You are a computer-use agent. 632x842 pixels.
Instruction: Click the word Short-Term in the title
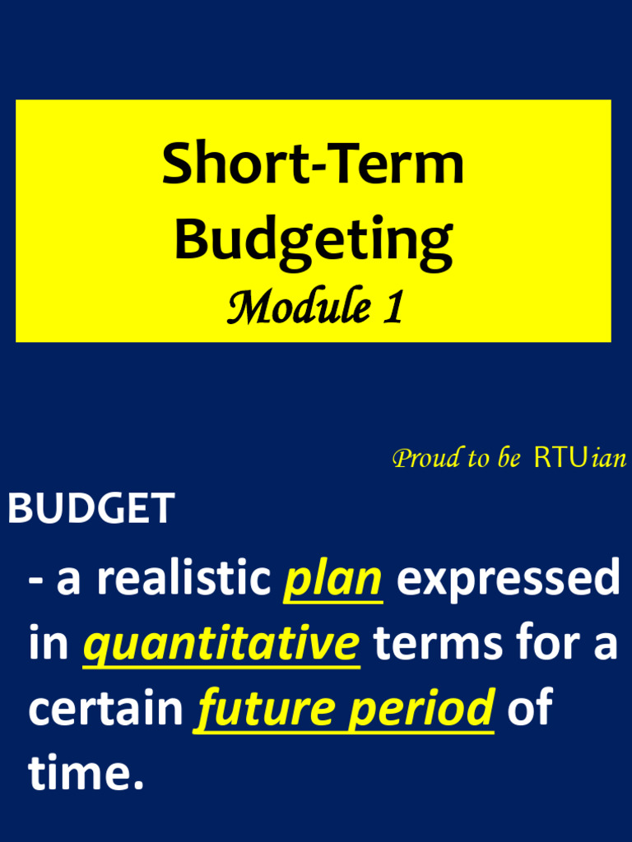313,164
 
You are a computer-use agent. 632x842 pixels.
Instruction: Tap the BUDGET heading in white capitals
91,507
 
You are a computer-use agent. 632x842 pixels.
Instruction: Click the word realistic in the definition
184,577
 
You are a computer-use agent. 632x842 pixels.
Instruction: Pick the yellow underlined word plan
333,581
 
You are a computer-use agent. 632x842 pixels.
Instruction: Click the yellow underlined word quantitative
221,645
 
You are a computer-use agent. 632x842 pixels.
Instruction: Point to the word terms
439,643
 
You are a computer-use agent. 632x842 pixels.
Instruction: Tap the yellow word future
267,710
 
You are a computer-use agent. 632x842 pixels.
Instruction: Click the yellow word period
421,710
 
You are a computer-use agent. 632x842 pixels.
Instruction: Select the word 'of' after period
530,706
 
